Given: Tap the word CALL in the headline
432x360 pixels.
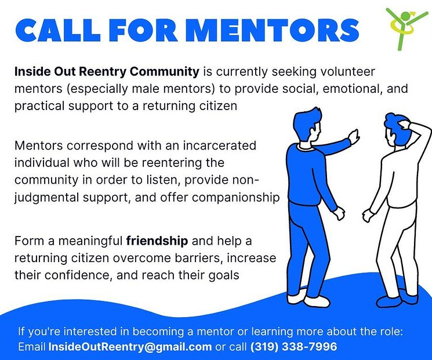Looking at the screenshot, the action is click(57, 30).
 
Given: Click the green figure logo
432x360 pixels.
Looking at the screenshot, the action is click(406, 28).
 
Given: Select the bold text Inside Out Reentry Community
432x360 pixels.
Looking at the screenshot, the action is click(107, 72).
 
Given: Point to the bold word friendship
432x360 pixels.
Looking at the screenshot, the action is click(157, 241).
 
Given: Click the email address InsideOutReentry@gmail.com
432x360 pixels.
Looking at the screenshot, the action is click(130, 347).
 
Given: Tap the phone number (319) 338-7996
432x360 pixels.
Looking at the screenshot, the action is click(293, 347).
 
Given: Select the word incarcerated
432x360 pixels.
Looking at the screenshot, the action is click(220, 146).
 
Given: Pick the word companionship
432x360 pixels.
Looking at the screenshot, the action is click(236, 198).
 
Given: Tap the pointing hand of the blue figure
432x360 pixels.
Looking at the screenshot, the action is click(354, 136).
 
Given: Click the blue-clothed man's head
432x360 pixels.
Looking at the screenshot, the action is click(307, 126).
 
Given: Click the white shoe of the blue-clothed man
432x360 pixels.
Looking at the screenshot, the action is click(317, 301).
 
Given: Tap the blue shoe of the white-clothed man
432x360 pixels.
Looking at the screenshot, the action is click(389, 301).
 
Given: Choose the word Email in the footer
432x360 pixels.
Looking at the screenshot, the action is click(32, 347).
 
